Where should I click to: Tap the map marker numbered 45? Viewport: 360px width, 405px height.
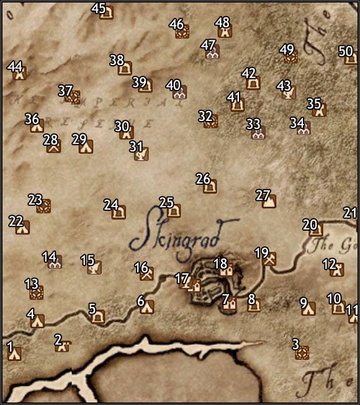pyautogui.click(x=107, y=13)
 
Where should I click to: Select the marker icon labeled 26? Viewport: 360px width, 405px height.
pyautogui.click(x=210, y=185)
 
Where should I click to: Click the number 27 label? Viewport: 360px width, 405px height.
pyautogui.click(x=263, y=195)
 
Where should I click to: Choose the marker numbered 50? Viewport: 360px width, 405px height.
pyautogui.click(x=351, y=59)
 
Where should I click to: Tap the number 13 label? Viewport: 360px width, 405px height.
pyautogui.click(x=31, y=283)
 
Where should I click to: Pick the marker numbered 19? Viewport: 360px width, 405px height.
pyautogui.click(x=269, y=260)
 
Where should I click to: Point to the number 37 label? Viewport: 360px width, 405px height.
pyautogui.click(x=65, y=91)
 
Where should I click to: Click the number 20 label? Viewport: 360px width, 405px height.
pyautogui.click(x=309, y=224)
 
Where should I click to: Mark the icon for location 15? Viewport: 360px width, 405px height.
pyautogui.click(x=94, y=268)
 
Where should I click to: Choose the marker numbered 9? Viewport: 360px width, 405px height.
pyautogui.click(x=308, y=309)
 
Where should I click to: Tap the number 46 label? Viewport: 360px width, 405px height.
pyautogui.click(x=176, y=24)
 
